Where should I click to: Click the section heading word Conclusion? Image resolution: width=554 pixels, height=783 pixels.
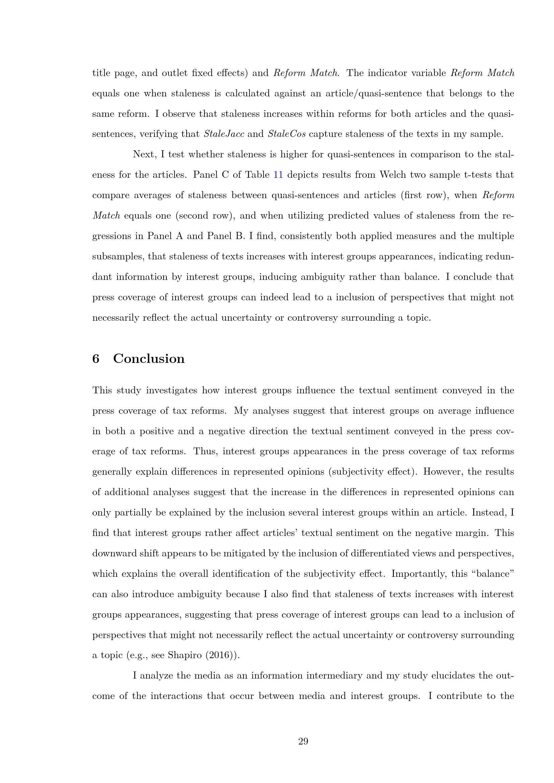[x=149, y=359]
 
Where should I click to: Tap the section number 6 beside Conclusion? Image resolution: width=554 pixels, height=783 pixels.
[x=96, y=359]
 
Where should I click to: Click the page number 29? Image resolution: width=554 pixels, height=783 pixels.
[x=303, y=741]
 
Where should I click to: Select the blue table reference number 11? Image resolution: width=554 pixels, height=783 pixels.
[x=278, y=175]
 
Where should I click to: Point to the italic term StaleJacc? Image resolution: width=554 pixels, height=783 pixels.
[x=224, y=134]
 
